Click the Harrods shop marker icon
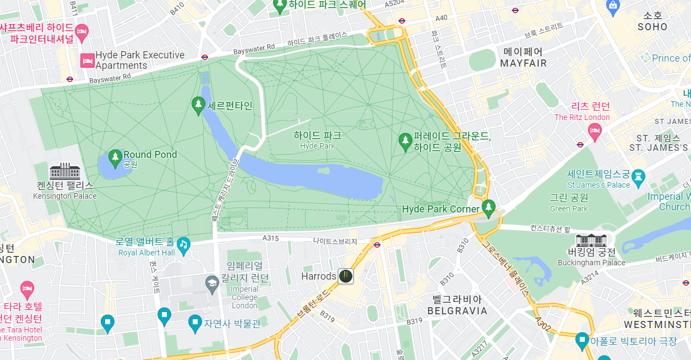tap(345, 276)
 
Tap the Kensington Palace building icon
tap(65, 171)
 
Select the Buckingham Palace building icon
tap(591, 241)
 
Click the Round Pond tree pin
tap(115, 157)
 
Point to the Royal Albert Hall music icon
tap(183, 243)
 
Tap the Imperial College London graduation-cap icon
tap(212, 283)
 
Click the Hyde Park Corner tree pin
tap(488, 207)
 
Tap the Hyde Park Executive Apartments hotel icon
tap(87, 60)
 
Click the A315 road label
tap(270, 238)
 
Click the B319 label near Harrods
tap(327, 317)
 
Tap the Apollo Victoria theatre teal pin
tap(582, 340)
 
